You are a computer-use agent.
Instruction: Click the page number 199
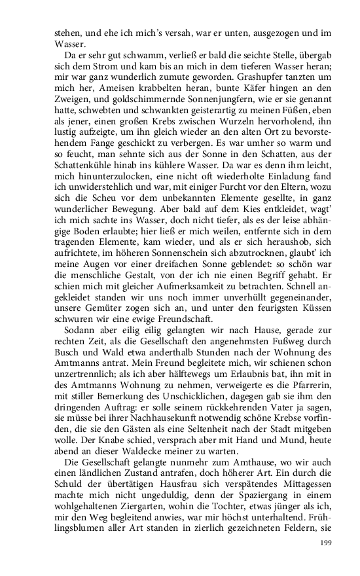click(x=326, y=543)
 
